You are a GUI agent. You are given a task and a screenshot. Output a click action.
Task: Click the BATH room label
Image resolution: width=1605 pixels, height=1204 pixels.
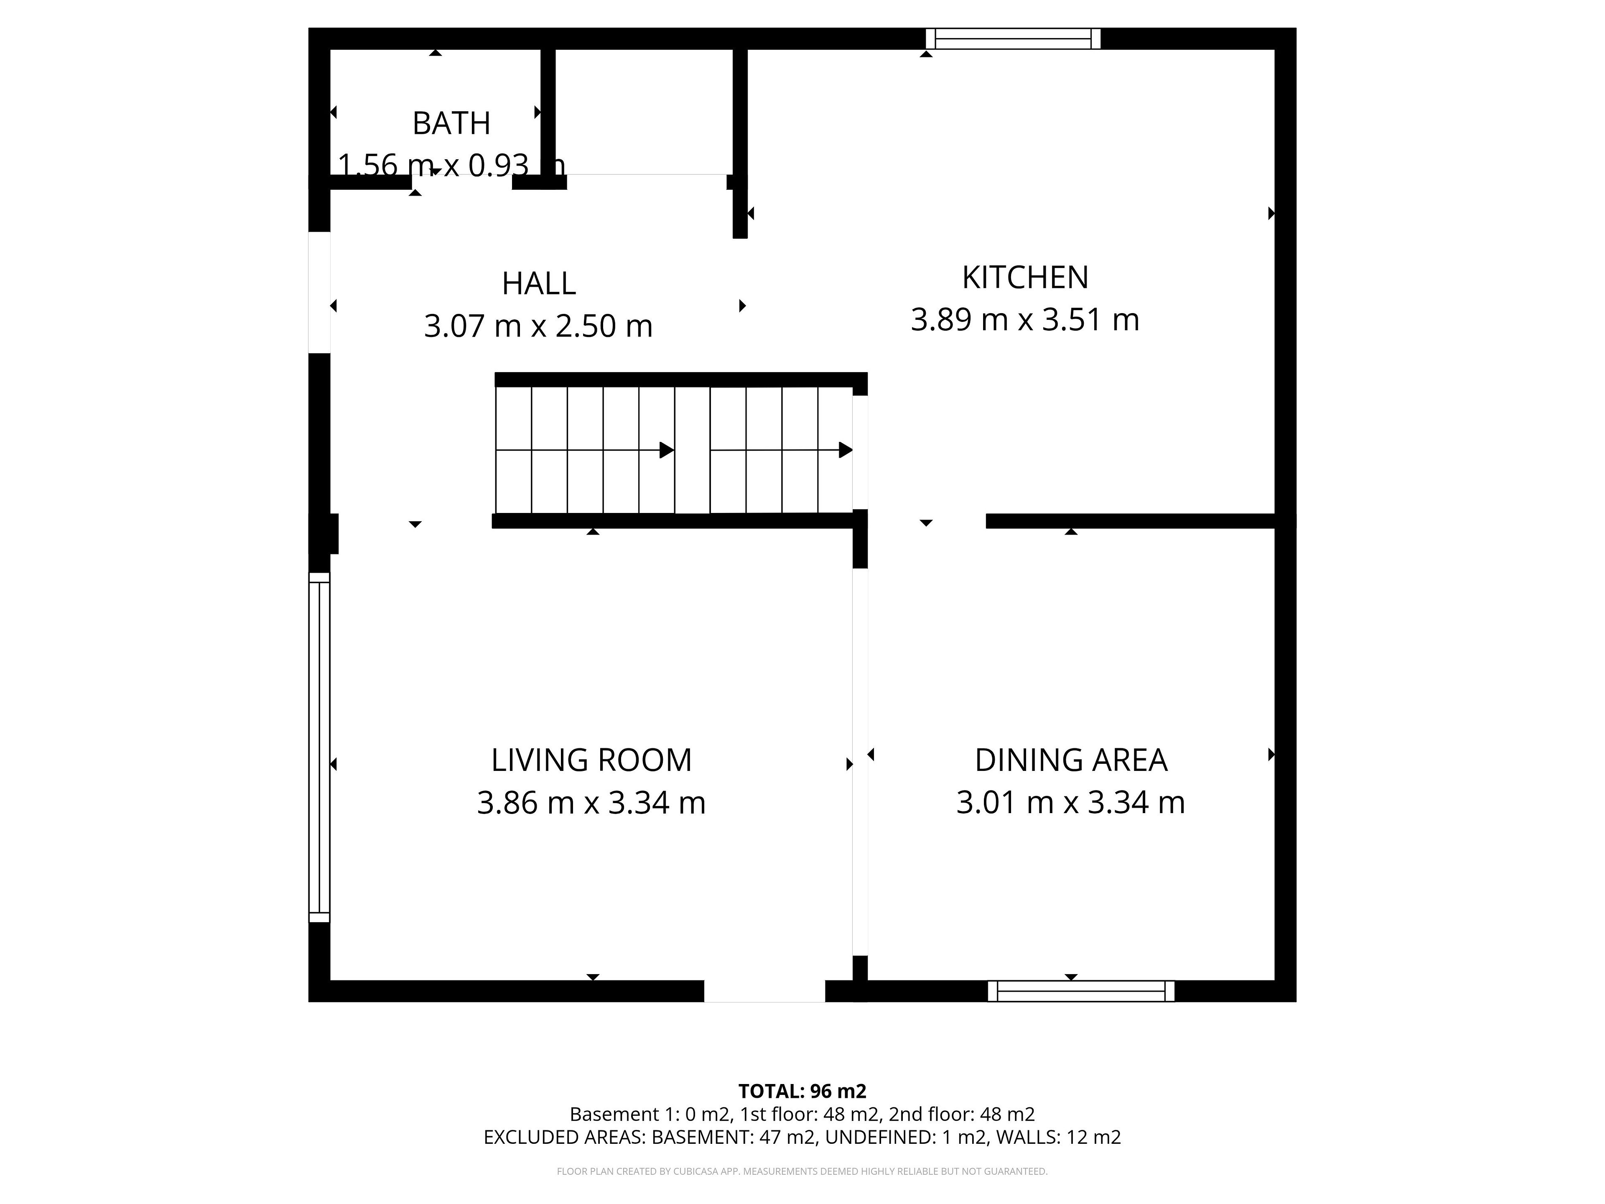click(x=451, y=123)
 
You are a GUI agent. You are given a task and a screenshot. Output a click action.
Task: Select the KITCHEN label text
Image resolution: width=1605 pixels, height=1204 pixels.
click(x=1024, y=277)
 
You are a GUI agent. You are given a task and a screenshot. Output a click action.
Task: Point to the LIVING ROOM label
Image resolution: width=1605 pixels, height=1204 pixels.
click(x=591, y=760)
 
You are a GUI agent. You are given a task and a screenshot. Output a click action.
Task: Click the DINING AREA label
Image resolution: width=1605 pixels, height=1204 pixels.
click(x=1071, y=760)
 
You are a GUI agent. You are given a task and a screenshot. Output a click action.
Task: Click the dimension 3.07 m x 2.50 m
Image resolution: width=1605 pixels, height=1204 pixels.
click(x=538, y=326)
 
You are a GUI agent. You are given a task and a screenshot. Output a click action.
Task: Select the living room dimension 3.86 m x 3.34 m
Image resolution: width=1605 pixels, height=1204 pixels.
click(x=591, y=803)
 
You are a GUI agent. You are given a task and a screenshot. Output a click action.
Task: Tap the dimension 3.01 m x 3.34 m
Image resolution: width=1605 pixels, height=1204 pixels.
click(x=1071, y=803)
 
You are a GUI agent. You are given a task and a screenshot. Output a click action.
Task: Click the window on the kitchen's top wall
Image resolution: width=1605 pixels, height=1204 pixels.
click(x=1013, y=38)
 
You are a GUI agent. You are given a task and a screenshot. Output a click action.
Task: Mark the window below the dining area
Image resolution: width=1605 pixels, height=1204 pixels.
click(x=1081, y=991)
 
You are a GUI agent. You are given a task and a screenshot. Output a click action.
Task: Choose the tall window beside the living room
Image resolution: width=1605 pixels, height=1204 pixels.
click(x=319, y=747)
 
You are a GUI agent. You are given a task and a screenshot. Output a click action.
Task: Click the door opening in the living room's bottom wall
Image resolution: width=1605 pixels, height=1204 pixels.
click(x=765, y=991)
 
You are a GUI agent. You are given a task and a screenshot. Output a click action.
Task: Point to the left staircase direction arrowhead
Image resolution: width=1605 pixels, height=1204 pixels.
click(x=666, y=450)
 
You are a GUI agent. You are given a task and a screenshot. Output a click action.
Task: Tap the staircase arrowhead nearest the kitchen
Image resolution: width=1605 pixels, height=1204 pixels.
click(x=845, y=450)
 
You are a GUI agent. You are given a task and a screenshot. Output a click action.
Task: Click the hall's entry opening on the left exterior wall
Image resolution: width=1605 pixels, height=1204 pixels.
click(x=319, y=293)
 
